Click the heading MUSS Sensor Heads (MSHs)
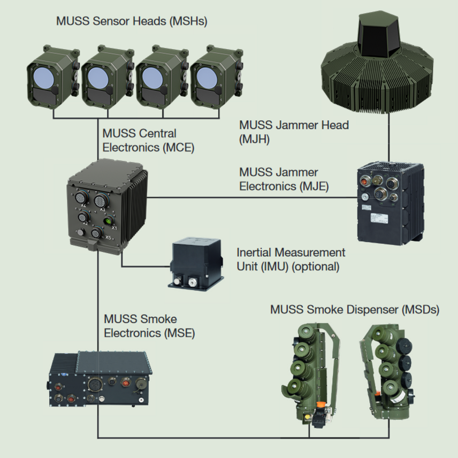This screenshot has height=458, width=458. pyautogui.click(x=132, y=21)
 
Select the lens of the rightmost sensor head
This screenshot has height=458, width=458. pyautogui.click(x=207, y=78)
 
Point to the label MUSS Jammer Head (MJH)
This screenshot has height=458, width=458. pyautogui.click(x=294, y=132)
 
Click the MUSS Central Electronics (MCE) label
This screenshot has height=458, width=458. pyautogui.click(x=148, y=141)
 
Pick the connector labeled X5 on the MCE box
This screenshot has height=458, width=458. pyautogui.click(x=96, y=233)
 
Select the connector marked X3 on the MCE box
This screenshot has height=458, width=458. pyautogui.click(x=101, y=200)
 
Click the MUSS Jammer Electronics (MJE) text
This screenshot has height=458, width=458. pyautogui.click(x=284, y=179)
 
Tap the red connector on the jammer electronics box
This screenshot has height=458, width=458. pyautogui.click(x=365, y=182)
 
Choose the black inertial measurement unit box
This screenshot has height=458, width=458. pyautogui.click(x=195, y=264)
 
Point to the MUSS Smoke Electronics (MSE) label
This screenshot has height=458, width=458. pyautogui.click(x=149, y=326)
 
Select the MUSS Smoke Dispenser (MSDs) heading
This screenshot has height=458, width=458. pyautogui.click(x=355, y=310)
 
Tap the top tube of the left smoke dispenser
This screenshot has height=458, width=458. pyautogui.click(x=306, y=333)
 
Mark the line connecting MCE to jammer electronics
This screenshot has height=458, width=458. pyautogui.click(x=253, y=197)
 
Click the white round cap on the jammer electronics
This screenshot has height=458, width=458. pyautogui.click(x=364, y=197)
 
